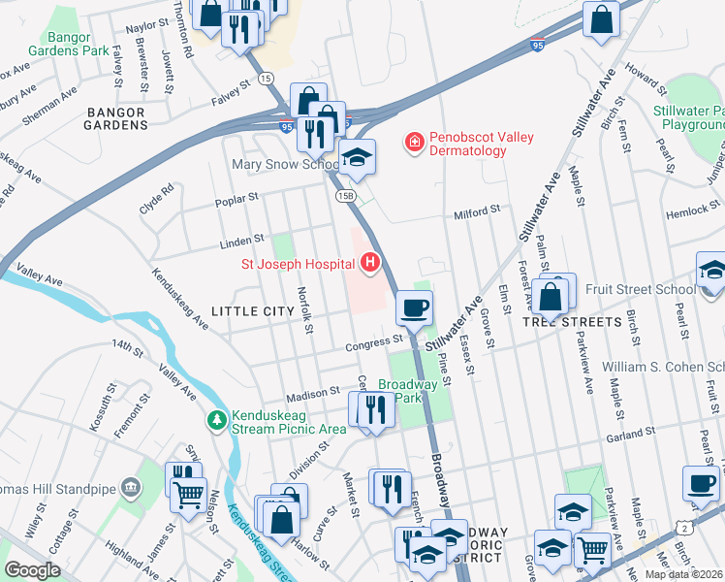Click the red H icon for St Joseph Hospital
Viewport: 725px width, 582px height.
point(369,262)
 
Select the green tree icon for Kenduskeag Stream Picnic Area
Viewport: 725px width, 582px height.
point(216,420)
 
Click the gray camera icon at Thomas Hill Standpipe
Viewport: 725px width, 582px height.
point(130,490)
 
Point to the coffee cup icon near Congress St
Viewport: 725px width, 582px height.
point(414,308)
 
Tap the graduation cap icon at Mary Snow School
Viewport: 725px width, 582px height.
point(357,158)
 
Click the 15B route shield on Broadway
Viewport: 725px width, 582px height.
point(345,195)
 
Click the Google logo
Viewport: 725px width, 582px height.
point(32,570)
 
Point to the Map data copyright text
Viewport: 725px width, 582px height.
point(683,574)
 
